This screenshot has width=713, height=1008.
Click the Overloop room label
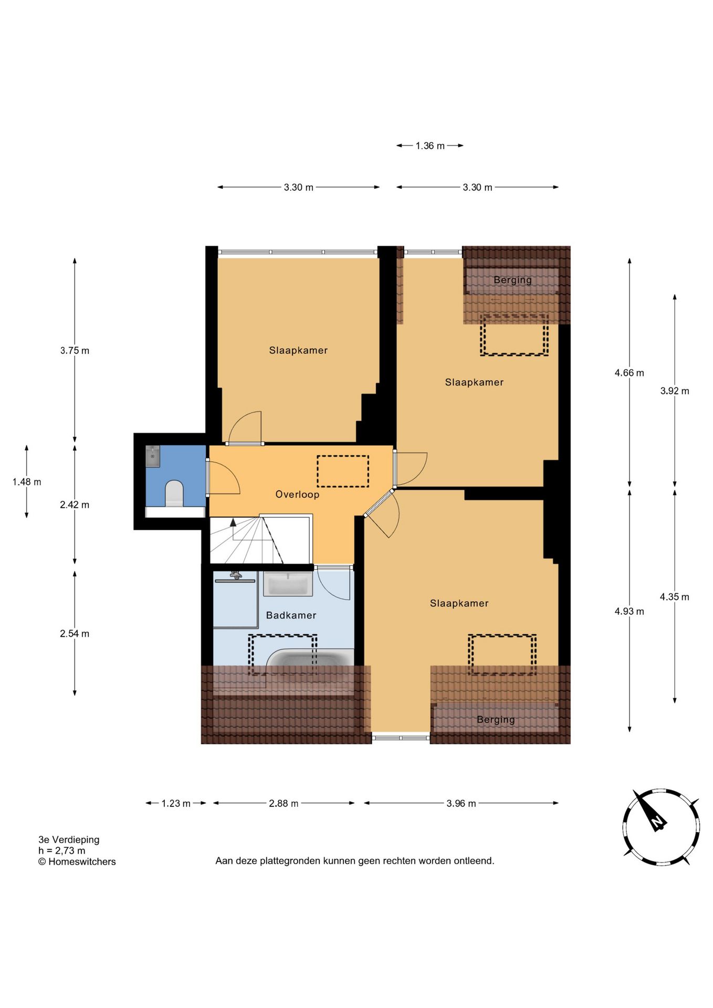(x=297, y=495)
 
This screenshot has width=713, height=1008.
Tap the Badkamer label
(x=291, y=615)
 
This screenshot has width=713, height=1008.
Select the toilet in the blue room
(x=174, y=493)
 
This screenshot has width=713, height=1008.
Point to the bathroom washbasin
(x=288, y=584)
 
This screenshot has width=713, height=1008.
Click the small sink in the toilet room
(x=153, y=456)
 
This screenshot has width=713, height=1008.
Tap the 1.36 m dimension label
(x=430, y=146)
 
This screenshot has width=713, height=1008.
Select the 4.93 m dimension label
(x=629, y=611)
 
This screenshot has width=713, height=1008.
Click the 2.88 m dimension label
(x=284, y=803)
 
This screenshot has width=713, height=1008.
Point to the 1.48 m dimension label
(x=27, y=482)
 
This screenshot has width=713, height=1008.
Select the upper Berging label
(x=512, y=280)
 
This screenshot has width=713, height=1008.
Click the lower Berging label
(x=496, y=719)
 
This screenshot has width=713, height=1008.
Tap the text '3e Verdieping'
(x=69, y=839)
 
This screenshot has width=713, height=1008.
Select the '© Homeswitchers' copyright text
(x=77, y=862)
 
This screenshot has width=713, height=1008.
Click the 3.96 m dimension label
(x=461, y=803)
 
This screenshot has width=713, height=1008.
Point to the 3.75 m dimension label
(x=75, y=351)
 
